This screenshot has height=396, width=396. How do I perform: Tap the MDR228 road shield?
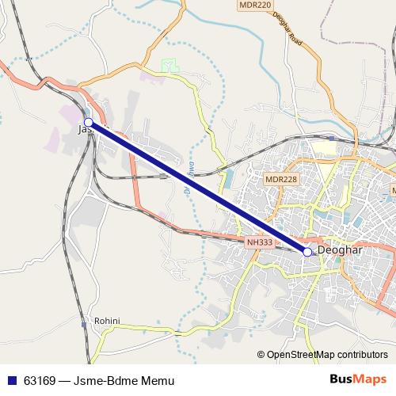pyautogui.click(x=281, y=179)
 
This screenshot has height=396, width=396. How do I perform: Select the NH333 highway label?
pyautogui.click(x=259, y=242)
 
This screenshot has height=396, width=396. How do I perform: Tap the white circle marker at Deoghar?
pyautogui.click(x=307, y=251)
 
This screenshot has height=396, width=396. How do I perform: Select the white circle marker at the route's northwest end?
pyautogui.click(x=89, y=122)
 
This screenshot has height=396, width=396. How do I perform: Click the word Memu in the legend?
pyautogui.click(x=155, y=380)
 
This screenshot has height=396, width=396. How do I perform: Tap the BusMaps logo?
pyautogui.click(x=358, y=379)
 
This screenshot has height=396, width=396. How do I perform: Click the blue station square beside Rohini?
pyautogui.click(x=83, y=324)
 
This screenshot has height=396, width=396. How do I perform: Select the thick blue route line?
pyautogui.click(x=198, y=187)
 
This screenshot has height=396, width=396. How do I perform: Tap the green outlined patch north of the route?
pyautogui.click(x=168, y=63)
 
